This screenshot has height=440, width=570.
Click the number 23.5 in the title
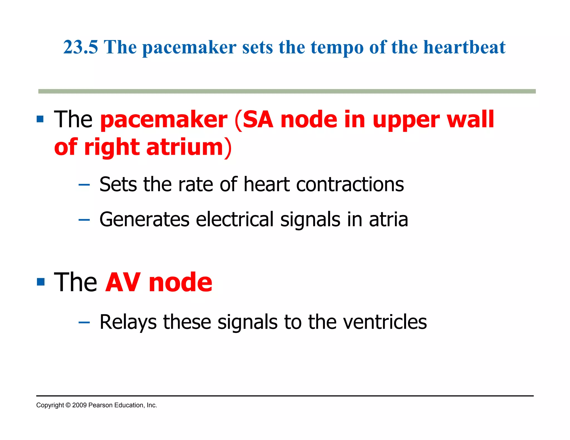pos(80,47)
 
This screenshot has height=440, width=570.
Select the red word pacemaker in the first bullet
pos(164,120)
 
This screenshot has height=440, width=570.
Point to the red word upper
pos(406,120)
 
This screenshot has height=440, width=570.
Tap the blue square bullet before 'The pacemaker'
pos(40,119)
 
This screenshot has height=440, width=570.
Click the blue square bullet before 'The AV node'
pos(41,282)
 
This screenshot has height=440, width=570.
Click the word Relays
pos(128,322)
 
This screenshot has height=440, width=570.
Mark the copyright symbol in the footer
pos(68,405)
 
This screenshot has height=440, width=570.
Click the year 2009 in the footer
pos(79,405)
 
